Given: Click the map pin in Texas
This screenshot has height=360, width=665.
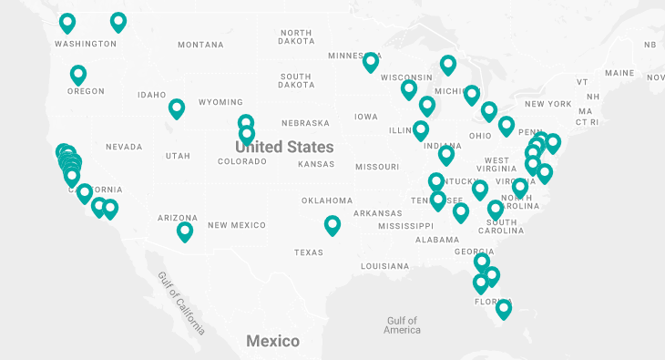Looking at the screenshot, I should coord(332,224).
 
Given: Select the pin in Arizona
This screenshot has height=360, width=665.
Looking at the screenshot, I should coord(185,231).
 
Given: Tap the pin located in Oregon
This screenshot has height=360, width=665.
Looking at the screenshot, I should coord(78,75).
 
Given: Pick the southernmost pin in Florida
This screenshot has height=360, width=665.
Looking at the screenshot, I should coord(503,308).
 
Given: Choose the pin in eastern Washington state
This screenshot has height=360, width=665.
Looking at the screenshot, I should coord(118,21).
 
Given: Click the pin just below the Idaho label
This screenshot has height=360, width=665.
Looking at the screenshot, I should coord(177,108).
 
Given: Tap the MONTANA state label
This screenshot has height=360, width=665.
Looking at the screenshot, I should coord(200,45).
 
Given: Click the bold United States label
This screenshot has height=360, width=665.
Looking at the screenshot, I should coord(285,146).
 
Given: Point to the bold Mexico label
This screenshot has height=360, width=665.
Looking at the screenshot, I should coord(272,341).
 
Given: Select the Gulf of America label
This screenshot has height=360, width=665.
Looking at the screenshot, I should coord(402,325).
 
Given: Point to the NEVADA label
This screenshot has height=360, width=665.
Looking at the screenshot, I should coord(124,147).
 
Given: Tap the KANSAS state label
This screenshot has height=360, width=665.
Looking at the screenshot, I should coord(317,164).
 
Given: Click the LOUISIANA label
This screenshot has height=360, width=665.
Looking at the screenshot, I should coord(384,266).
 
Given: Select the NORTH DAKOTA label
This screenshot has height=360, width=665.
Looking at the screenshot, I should coord(296,37).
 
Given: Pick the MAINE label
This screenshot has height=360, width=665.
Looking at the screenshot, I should coord(619,73).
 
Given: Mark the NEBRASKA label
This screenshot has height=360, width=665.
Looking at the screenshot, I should coord(305,123).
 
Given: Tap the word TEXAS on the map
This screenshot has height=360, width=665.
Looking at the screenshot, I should coord(308,252).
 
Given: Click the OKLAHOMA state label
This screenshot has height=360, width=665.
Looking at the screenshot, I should coord(327,201).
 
